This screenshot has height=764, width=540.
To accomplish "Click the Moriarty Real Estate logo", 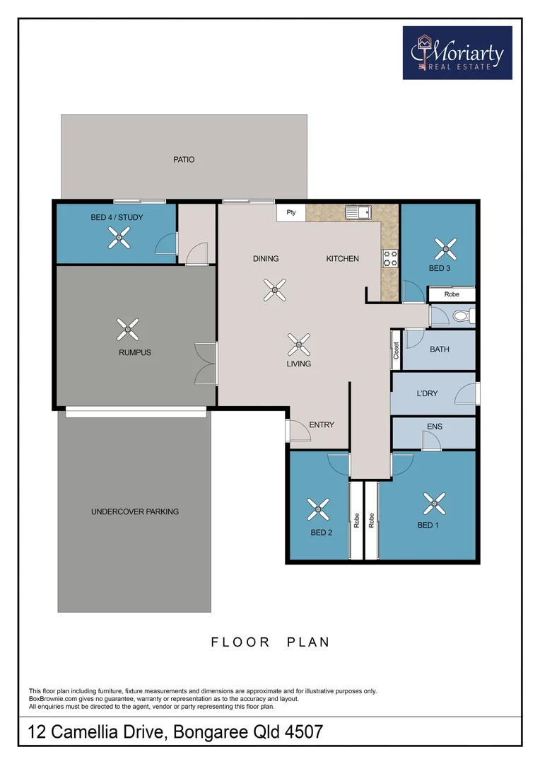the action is (457, 52).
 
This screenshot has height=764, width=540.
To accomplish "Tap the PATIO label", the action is (184, 159).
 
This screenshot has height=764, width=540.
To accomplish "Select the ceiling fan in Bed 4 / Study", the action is (119, 238).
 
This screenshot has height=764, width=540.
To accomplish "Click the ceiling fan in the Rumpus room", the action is (127, 330).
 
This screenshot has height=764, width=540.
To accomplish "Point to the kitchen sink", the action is (358, 212).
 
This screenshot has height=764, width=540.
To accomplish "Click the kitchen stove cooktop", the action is (390, 258).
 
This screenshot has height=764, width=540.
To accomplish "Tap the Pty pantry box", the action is (291, 212).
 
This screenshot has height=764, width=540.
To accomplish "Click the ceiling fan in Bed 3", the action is (445, 249).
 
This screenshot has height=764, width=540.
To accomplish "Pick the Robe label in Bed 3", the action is (452, 294).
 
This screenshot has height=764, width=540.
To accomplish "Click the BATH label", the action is (439, 349).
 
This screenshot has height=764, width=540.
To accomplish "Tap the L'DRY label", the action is (427, 393).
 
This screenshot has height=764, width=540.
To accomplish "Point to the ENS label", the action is (435, 427).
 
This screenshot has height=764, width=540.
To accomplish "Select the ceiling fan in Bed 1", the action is (434, 504).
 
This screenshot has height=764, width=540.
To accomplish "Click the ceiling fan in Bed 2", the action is (318, 509).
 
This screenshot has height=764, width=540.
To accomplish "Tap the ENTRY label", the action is (322, 425).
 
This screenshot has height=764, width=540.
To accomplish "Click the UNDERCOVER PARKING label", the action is (135, 511).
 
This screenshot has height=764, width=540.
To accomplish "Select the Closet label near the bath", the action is (397, 350).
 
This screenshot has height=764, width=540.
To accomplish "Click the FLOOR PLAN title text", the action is (270, 642).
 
